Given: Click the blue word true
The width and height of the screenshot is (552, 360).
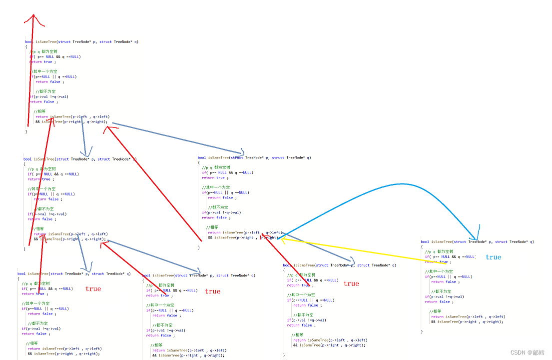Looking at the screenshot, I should pyautogui.click(x=493, y=257).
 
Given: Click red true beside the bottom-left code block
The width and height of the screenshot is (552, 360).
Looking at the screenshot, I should pyautogui.click(x=93, y=288).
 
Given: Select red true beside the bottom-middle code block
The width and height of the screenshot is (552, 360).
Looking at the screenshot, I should pyautogui.click(x=212, y=291).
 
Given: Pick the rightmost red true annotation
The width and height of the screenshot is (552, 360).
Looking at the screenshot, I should pyautogui.click(x=351, y=283).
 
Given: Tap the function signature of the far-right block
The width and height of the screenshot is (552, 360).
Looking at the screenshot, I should pyautogui.click(x=477, y=241).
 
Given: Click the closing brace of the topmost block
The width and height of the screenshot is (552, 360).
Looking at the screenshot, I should pyautogui.click(x=26, y=131).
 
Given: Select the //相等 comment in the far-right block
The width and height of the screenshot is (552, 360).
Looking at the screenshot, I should pyautogui.click(x=435, y=311).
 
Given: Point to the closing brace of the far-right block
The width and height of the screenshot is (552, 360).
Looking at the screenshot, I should pyautogui.click(x=422, y=331).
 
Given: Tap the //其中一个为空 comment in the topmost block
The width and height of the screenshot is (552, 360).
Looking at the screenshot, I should pyautogui.click(x=44, y=71).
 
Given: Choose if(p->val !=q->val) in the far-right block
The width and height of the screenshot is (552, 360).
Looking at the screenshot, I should pyautogui.click(x=444, y=296).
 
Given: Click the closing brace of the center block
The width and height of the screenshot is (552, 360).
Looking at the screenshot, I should pyautogui.click(x=199, y=247).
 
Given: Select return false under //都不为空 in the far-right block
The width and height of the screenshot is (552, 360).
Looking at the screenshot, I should pyautogui.click(x=439, y=301).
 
